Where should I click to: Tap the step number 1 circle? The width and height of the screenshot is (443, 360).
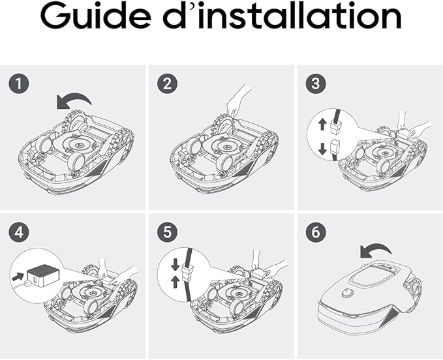point(19,84)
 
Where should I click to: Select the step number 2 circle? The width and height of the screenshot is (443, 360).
point(167,84)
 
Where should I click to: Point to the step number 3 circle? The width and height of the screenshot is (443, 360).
point(316,84)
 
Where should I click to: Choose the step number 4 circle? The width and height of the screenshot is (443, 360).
point(19,232)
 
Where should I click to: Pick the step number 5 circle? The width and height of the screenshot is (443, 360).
point(167,232)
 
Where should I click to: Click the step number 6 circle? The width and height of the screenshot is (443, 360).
point(316,232)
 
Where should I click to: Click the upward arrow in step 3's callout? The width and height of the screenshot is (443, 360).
point(322,124)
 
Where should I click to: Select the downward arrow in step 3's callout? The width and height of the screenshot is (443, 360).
point(322,149)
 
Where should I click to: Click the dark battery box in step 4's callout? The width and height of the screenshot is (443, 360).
point(43,274)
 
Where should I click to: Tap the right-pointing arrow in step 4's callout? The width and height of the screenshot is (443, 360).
point(18,276)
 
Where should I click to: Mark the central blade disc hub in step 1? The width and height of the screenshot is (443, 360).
point(78,144)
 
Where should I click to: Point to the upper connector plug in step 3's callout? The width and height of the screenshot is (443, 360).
point(335,127)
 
